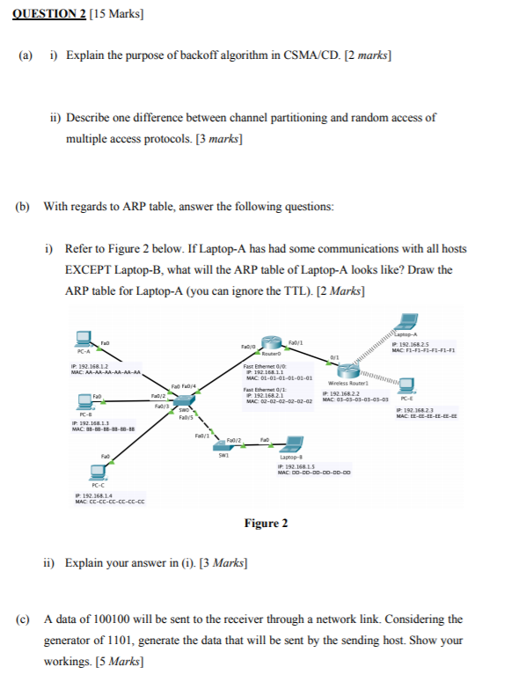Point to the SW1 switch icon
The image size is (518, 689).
(x=223, y=446)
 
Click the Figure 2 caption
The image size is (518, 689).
(x=266, y=524)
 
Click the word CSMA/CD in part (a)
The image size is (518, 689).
(x=313, y=55)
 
